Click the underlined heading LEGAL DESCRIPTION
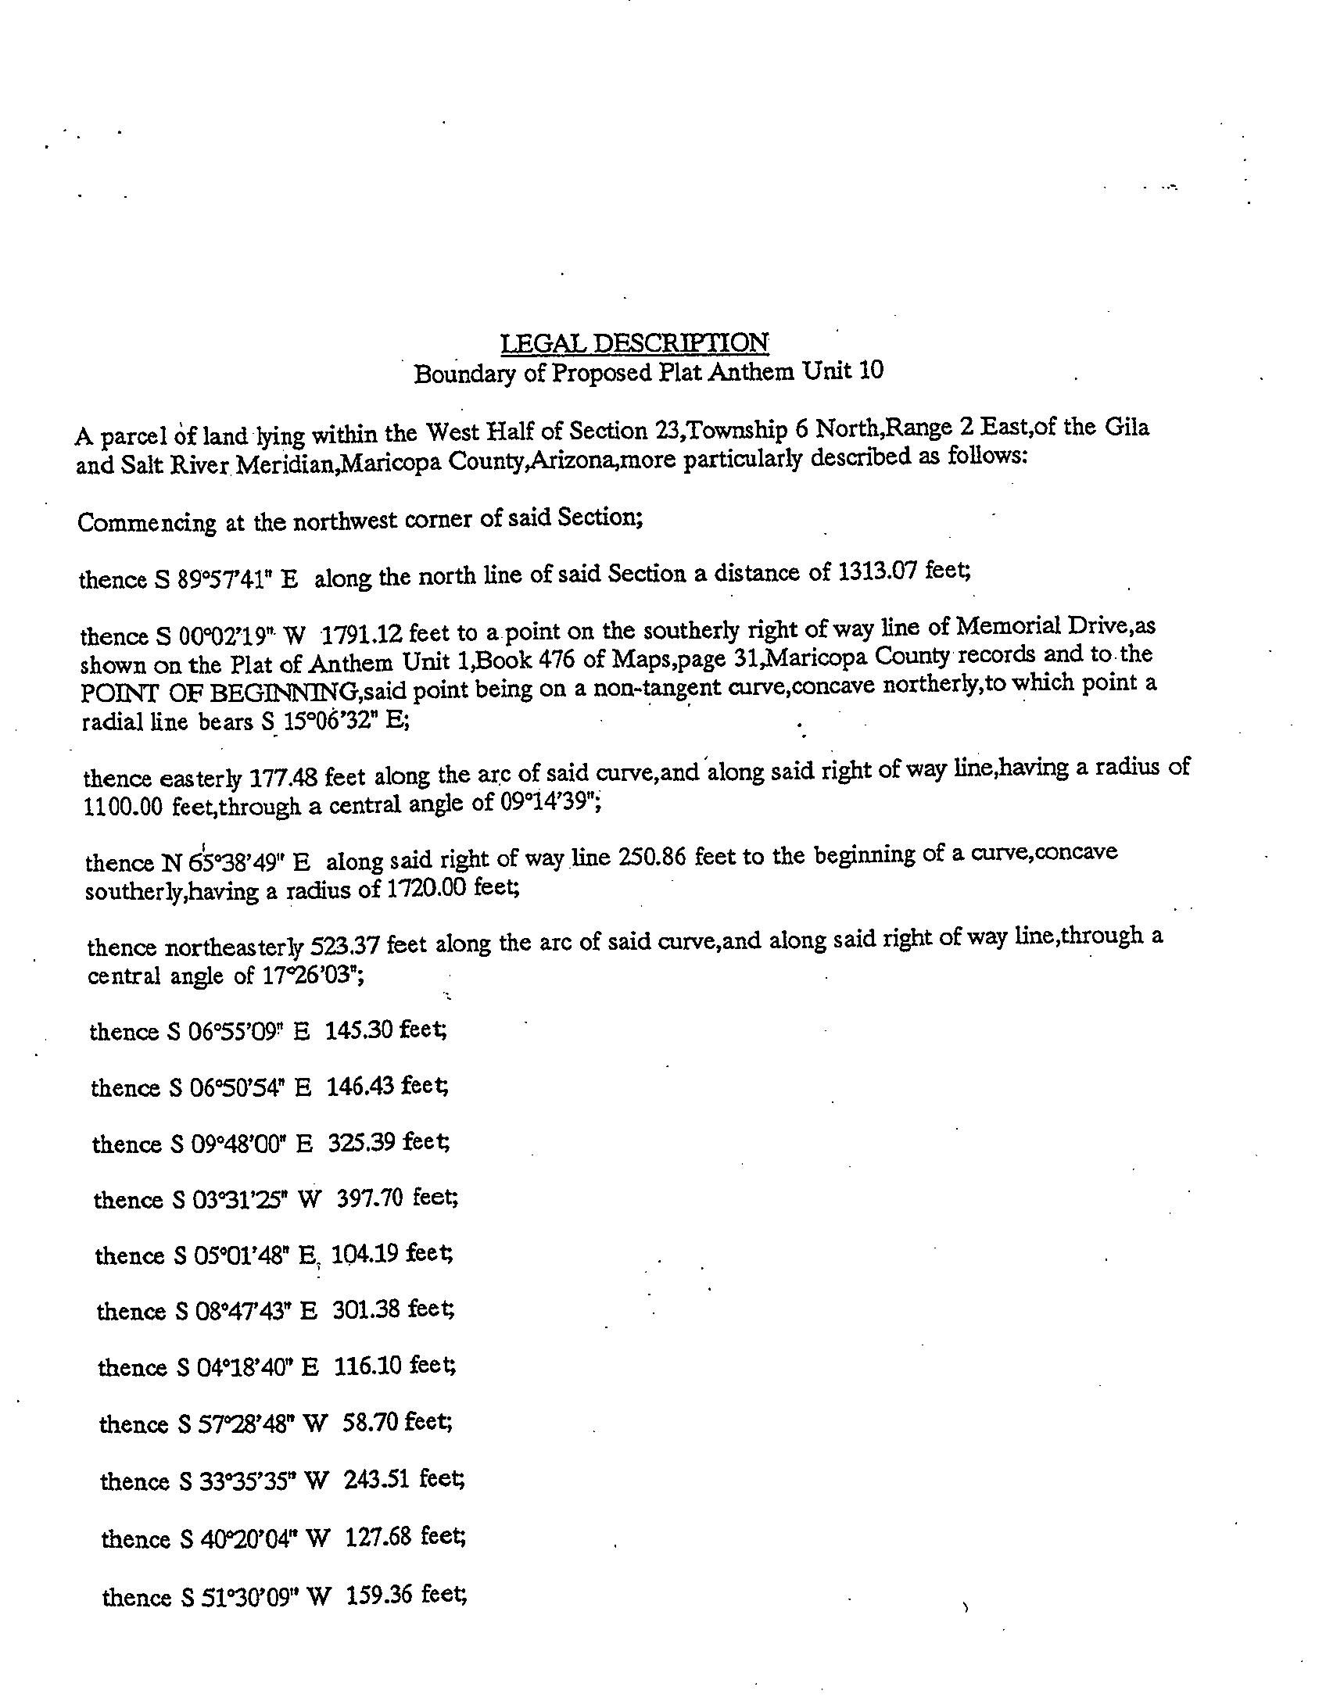634,343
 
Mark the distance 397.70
370,1198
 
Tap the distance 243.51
377,1479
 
